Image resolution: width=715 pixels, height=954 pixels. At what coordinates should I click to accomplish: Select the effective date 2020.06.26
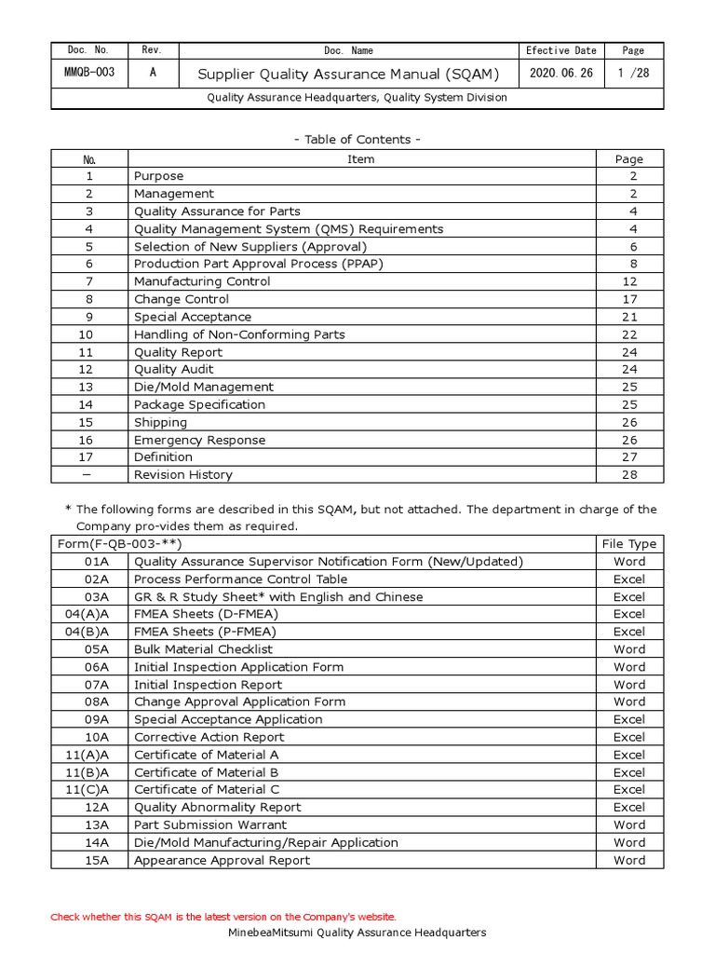pos(560,73)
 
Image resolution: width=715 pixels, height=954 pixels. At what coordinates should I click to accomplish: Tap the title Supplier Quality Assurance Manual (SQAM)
pos(349,74)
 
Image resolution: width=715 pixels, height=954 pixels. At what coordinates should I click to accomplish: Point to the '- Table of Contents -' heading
pos(357,139)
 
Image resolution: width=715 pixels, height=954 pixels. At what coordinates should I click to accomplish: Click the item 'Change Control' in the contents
pos(181,299)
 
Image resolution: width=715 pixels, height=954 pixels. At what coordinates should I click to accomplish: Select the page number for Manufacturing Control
pos(629,281)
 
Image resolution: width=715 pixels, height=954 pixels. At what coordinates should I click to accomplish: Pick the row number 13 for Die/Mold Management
pos(89,387)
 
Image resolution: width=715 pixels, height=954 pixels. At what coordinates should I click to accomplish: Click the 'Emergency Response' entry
pos(199,440)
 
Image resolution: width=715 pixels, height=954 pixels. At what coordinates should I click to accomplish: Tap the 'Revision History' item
pos(182,474)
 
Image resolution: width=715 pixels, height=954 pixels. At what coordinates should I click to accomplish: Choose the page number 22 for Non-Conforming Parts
pos(629,334)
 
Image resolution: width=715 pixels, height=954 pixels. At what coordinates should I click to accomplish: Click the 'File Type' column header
pos(629,544)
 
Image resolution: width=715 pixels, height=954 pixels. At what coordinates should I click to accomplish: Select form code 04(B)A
pos(89,632)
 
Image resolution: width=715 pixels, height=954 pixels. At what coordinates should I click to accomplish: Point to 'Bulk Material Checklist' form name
pos(203,649)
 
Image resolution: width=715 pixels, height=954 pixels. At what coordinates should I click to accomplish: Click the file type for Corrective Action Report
pos(629,737)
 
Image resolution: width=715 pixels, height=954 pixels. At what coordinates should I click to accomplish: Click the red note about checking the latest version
pos(223,917)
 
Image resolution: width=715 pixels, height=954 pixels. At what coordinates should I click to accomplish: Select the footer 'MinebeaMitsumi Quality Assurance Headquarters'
pos(357,933)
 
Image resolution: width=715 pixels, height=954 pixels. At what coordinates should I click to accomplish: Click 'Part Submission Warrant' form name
pos(210,825)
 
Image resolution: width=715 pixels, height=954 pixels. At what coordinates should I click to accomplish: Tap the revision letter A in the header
pos(153,73)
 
